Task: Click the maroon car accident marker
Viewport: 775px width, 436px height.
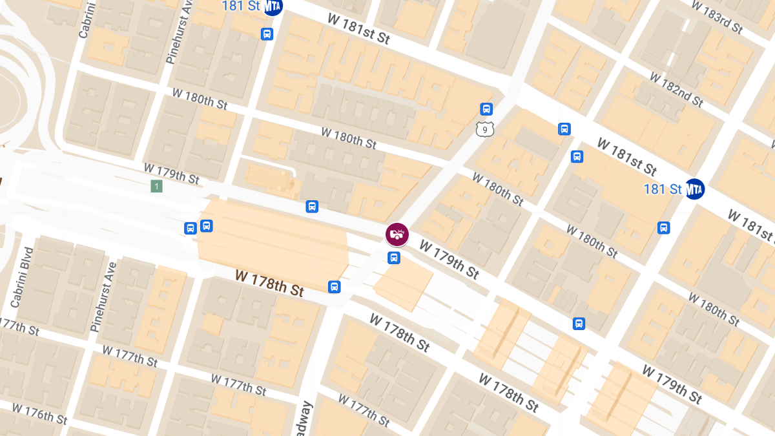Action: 397,234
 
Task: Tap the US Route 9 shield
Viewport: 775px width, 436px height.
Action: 485,129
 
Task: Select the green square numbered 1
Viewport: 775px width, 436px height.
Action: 156,187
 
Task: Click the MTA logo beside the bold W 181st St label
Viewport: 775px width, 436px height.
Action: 695,189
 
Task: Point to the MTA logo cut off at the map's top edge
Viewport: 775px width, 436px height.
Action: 273,6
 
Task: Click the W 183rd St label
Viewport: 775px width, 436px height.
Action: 717,16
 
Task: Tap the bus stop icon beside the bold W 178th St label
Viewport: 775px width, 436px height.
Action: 334,287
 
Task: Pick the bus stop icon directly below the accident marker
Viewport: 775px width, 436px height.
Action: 394,258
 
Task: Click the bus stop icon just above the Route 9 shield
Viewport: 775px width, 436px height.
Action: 486,109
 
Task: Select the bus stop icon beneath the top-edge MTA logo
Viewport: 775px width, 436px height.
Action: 267,34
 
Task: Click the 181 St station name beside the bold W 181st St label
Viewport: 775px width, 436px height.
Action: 663,189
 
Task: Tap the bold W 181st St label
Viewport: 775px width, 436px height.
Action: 626,156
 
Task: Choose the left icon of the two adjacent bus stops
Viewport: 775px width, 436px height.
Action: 191,228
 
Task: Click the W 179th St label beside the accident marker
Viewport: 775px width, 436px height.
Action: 449,260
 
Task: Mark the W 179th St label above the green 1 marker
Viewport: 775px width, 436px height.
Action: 171,172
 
